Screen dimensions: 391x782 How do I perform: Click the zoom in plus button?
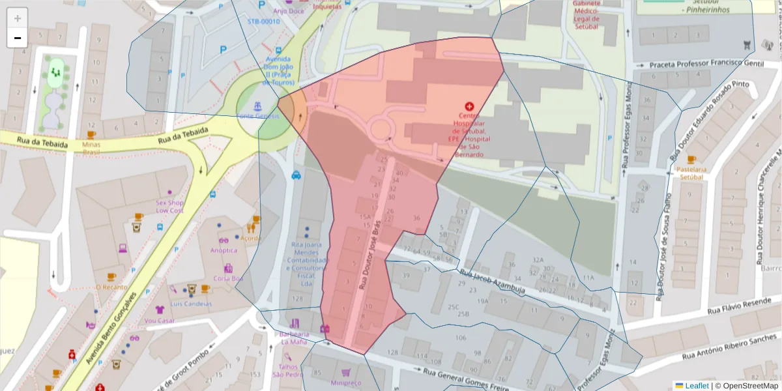tap(18, 18)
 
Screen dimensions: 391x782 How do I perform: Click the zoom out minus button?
tap(18, 38)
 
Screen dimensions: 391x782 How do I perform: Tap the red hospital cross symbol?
tap(469, 106)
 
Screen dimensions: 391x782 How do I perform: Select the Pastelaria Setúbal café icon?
tap(691, 160)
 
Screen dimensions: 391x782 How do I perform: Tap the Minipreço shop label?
tap(347, 383)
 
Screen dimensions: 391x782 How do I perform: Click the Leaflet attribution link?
tap(697, 386)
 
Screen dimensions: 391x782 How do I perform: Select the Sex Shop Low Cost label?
tap(169, 207)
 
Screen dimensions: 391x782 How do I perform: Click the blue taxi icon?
tap(296, 175)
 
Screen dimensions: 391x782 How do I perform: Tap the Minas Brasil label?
tap(91, 147)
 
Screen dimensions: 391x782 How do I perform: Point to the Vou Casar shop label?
tap(160, 321)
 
